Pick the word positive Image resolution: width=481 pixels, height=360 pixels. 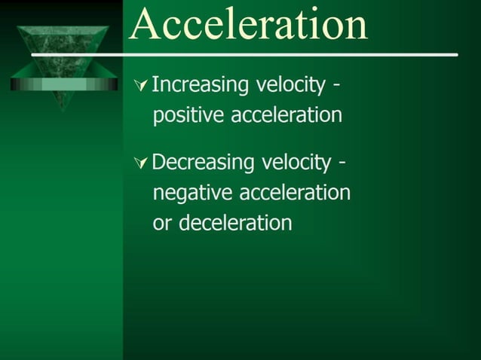click(188, 117)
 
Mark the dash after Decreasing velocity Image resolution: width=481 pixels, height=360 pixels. click(342, 163)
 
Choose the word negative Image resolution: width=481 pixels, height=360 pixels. click(193, 194)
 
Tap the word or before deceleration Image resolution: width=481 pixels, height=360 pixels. click(161, 224)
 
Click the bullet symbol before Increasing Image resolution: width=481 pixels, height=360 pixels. click(140, 86)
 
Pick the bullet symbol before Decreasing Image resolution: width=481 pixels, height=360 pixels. click(140, 163)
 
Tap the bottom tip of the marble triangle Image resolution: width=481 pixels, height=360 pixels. click(63, 108)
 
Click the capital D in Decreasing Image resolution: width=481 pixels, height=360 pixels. click(160, 162)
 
